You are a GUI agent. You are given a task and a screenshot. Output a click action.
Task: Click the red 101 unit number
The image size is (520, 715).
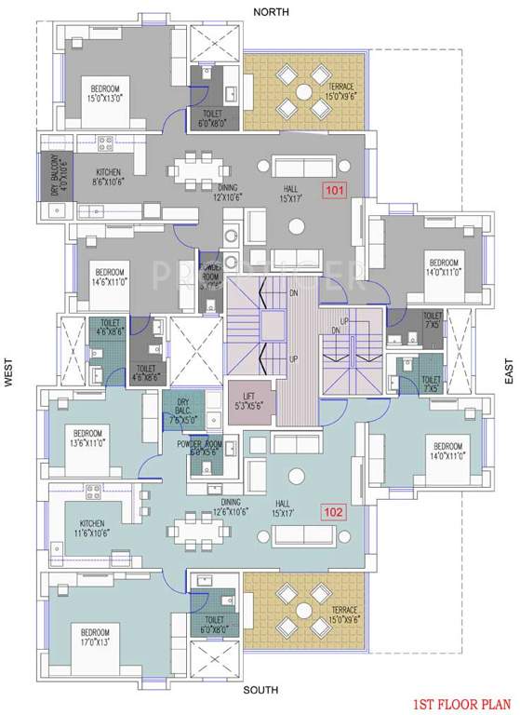click(x=333, y=192)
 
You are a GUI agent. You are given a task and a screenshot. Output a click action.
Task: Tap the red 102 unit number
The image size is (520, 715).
click(x=333, y=511)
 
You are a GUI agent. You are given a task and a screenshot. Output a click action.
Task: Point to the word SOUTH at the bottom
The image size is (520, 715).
click(x=261, y=691)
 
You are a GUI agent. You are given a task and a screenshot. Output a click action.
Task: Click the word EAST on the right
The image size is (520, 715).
click(x=508, y=374)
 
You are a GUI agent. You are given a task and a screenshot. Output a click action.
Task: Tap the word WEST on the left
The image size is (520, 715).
click(x=8, y=375)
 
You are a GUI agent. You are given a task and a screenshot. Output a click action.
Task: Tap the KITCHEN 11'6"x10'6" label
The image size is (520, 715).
click(x=90, y=529)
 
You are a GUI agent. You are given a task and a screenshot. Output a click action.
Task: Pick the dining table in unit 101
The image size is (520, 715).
click(x=202, y=170)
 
